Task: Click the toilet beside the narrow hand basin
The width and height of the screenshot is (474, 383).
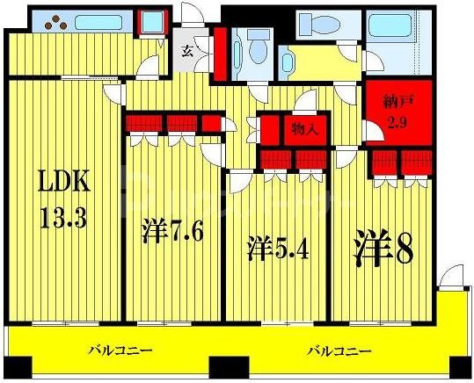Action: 259,47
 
